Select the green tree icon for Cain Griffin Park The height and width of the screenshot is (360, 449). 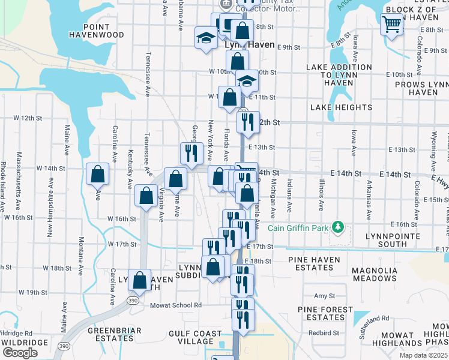click(x=339, y=227)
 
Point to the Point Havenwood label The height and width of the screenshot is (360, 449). click(x=96, y=31)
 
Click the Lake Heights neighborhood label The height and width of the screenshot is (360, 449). click(x=341, y=107)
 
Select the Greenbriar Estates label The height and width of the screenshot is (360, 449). click(x=115, y=335)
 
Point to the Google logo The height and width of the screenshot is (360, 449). click(x=20, y=353)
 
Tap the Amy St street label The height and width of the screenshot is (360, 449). click(x=324, y=296)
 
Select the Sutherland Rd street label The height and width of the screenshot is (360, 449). click(x=371, y=327)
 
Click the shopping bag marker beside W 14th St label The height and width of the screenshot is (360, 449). click(x=97, y=175)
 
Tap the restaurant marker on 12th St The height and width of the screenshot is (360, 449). click(x=248, y=122)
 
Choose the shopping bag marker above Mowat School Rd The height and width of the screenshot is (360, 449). click(x=140, y=281)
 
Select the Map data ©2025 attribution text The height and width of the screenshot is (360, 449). click(x=423, y=355)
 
